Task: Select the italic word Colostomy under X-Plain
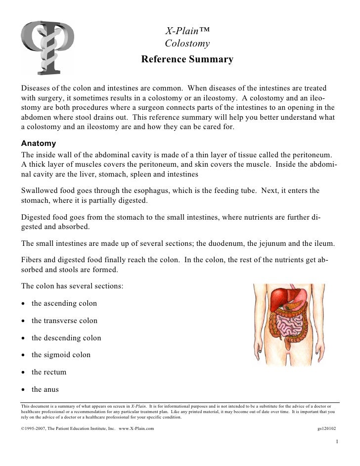pyautogui.click(x=187, y=44)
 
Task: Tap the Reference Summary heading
pyautogui.click(x=187, y=60)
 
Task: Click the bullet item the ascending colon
pyautogui.click(x=64, y=303)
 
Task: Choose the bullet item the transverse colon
pyautogui.click(x=64, y=321)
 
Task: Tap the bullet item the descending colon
pyautogui.click(x=66, y=338)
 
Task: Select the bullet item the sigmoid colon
pyautogui.click(x=61, y=355)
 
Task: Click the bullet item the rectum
pyautogui.click(x=49, y=372)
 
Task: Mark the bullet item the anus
pyautogui.click(x=46, y=389)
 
